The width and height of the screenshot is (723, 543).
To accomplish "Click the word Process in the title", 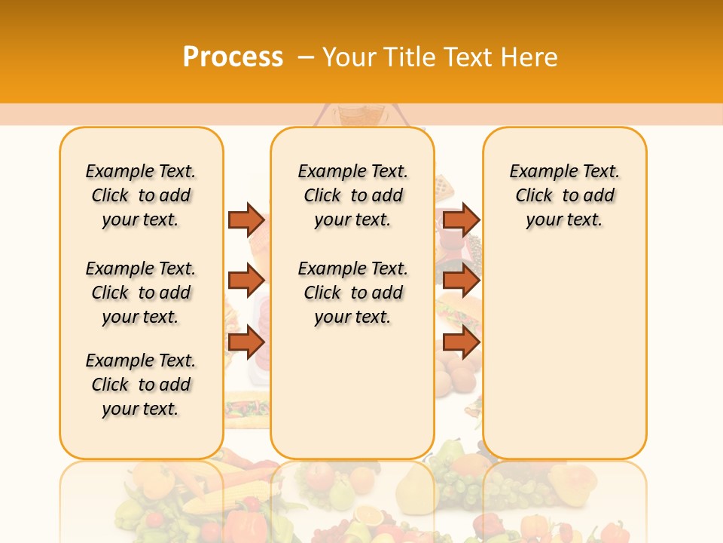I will point(233,57).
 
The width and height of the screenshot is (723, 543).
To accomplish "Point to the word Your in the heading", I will point(349,57).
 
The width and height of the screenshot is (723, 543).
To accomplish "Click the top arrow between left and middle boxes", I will point(246,219).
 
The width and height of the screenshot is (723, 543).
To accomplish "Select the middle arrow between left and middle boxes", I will point(246,281).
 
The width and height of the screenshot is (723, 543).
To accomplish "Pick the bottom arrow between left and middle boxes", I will point(246,342).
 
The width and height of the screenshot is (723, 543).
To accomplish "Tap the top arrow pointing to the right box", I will point(461,219).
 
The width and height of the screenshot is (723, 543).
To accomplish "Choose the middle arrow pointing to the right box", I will point(461,281).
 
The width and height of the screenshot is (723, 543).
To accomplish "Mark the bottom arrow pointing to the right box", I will point(461,342).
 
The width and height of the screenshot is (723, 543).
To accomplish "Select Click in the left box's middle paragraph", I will point(110,293).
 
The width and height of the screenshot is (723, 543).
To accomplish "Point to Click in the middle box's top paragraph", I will point(322,196).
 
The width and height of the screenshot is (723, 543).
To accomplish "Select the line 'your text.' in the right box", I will point(564,220).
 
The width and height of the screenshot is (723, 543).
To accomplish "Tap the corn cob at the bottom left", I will point(211,499).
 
